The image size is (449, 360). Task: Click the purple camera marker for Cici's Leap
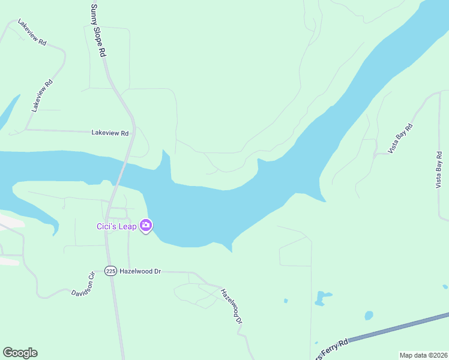(x=146, y=226)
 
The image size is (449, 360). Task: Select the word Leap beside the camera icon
(x=128, y=226)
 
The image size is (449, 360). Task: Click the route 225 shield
(x=110, y=271)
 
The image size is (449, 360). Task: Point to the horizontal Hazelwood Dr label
(x=140, y=271)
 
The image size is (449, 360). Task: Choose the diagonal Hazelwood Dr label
(x=231, y=307)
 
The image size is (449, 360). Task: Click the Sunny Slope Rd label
(x=98, y=31)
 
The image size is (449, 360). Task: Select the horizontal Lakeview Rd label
(x=110, y=133)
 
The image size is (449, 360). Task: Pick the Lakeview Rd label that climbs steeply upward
(x=43, y=95)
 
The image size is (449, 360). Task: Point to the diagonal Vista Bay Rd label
(x=400, y=139)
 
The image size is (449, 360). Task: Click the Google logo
(x=20, y=353)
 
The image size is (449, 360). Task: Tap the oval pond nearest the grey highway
(x=369, y=315)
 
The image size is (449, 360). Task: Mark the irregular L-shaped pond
(x=323, y=296)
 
